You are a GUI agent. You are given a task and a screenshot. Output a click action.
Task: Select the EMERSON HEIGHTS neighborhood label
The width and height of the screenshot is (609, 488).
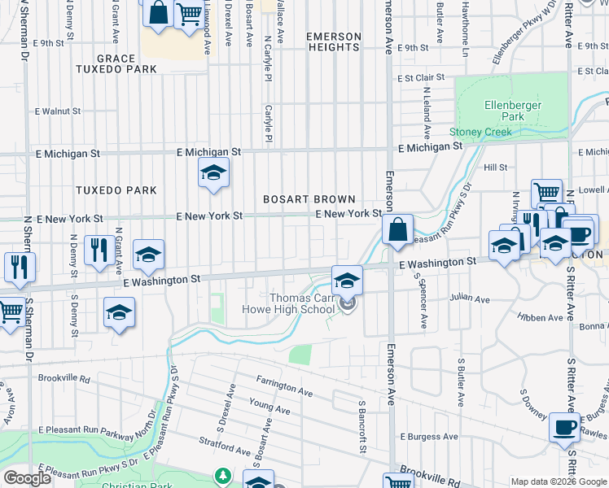333,41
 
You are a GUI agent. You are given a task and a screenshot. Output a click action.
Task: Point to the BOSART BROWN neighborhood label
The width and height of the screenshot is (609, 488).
309,199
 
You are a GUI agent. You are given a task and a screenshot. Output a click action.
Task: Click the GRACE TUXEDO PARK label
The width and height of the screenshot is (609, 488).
126,64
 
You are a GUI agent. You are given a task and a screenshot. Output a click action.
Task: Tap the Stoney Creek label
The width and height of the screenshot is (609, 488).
481,132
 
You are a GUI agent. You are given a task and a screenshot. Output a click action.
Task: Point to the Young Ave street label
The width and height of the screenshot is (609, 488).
269,407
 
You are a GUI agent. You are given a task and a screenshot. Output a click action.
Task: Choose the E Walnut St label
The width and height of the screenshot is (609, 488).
57,111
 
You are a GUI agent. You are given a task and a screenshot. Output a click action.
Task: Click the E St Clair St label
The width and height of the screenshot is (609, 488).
420,78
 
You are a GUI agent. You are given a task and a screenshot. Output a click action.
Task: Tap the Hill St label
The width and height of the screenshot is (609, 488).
495,168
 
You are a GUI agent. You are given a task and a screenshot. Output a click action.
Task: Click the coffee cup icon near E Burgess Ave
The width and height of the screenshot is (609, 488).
564,427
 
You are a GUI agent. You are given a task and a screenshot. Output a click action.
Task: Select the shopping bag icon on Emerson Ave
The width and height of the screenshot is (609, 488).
397,230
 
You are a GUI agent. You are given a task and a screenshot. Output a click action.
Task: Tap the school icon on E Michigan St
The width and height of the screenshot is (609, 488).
213,173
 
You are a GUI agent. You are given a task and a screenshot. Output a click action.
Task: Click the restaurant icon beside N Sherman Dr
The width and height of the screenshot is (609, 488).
18,267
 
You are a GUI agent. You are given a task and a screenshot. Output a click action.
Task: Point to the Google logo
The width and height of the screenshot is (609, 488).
27,478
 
